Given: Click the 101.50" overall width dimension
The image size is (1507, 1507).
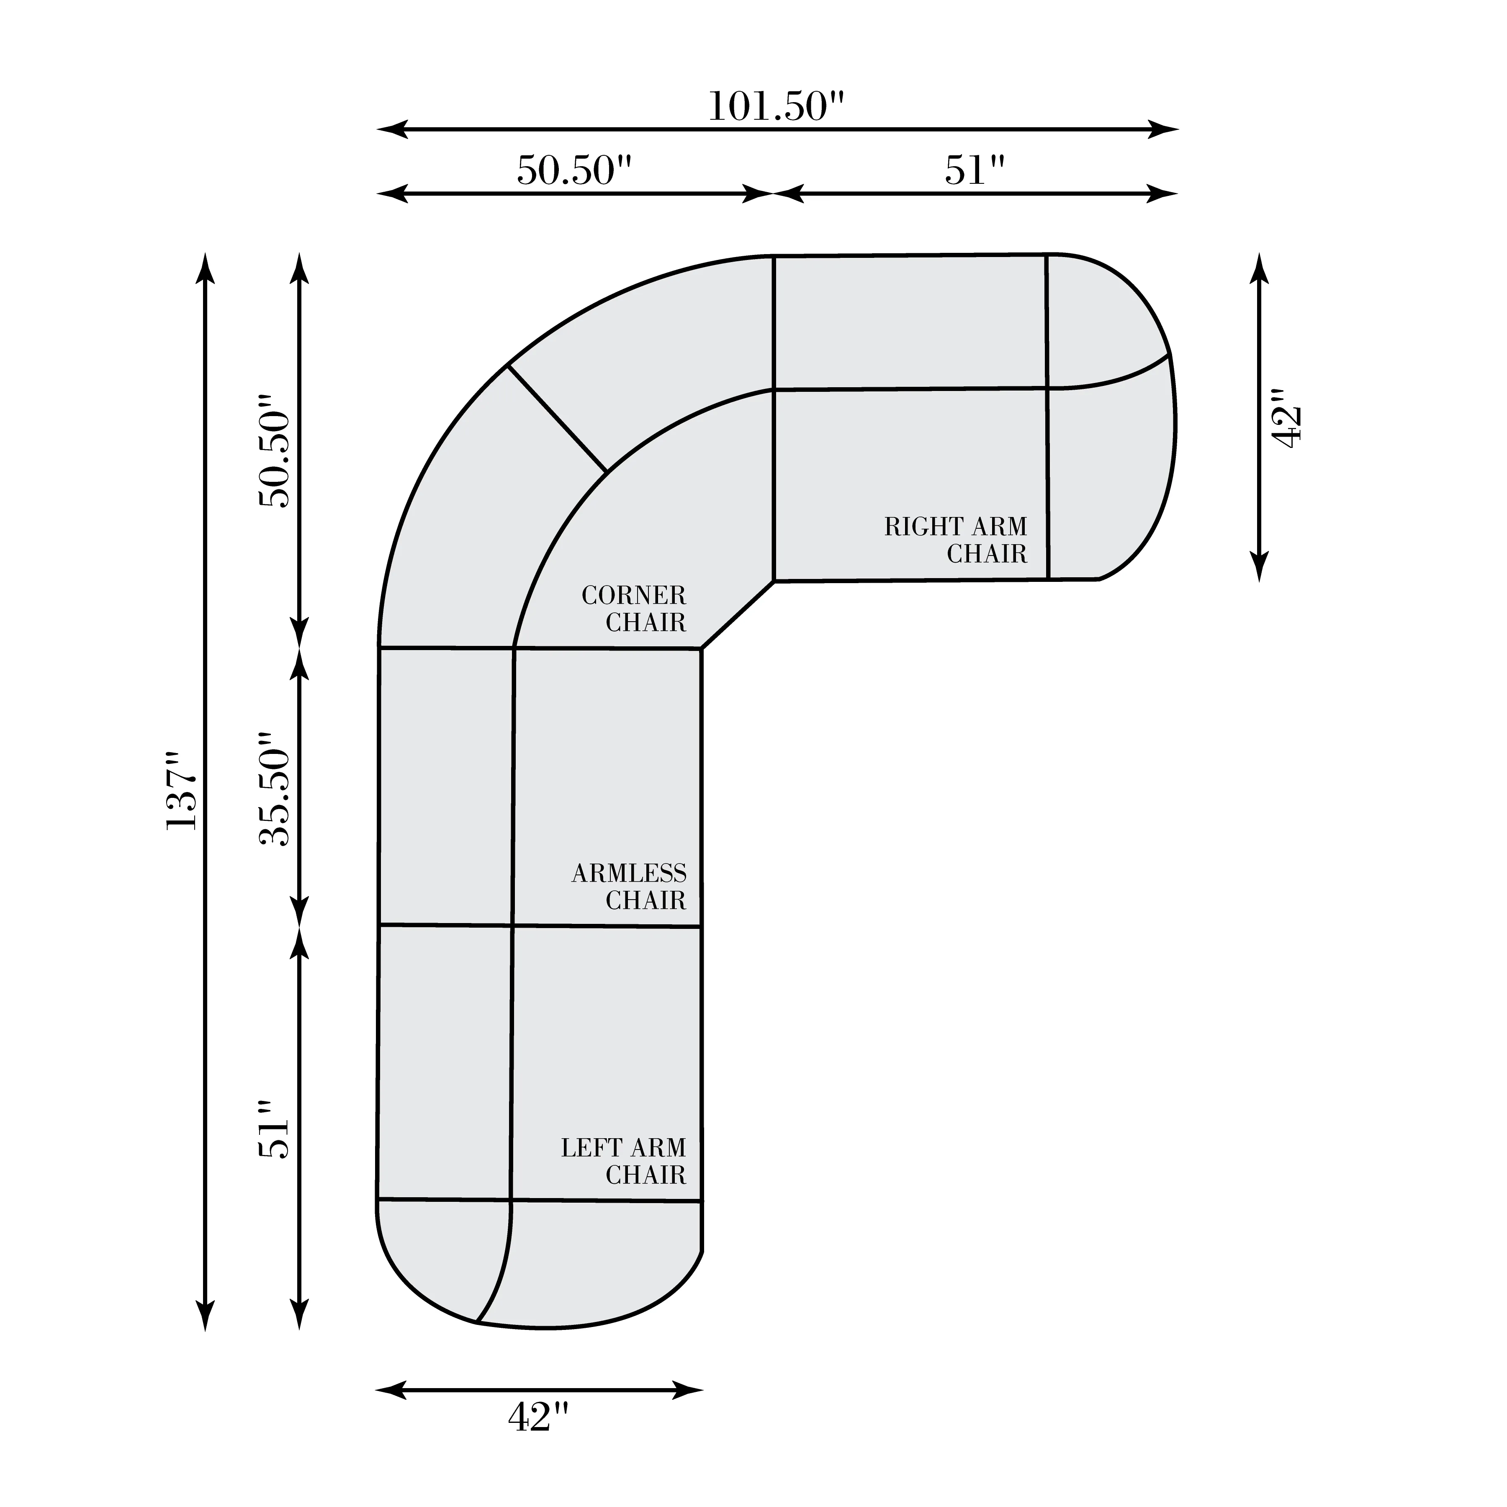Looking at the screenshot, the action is click(x=776, y=107).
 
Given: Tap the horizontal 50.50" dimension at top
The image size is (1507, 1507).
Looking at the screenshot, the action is click(x=574, y=170).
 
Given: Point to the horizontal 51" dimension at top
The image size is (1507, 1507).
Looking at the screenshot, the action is click(x=974, y=170).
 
